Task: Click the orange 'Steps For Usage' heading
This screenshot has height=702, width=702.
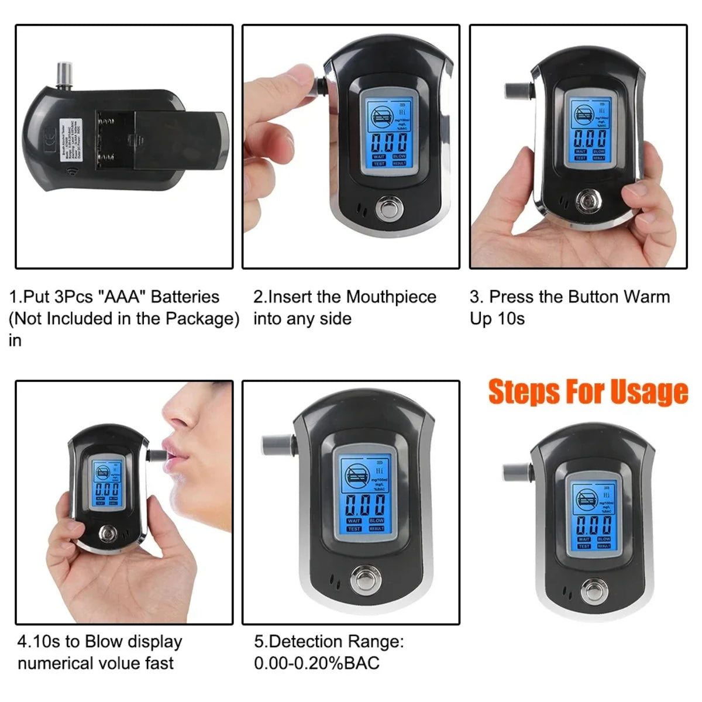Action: tap(588, 392)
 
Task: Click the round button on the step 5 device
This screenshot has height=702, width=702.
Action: tap(364, 580)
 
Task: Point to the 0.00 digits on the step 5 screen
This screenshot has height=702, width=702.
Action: tap(364, 505)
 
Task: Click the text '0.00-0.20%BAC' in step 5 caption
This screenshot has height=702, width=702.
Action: tap(316, 663)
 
